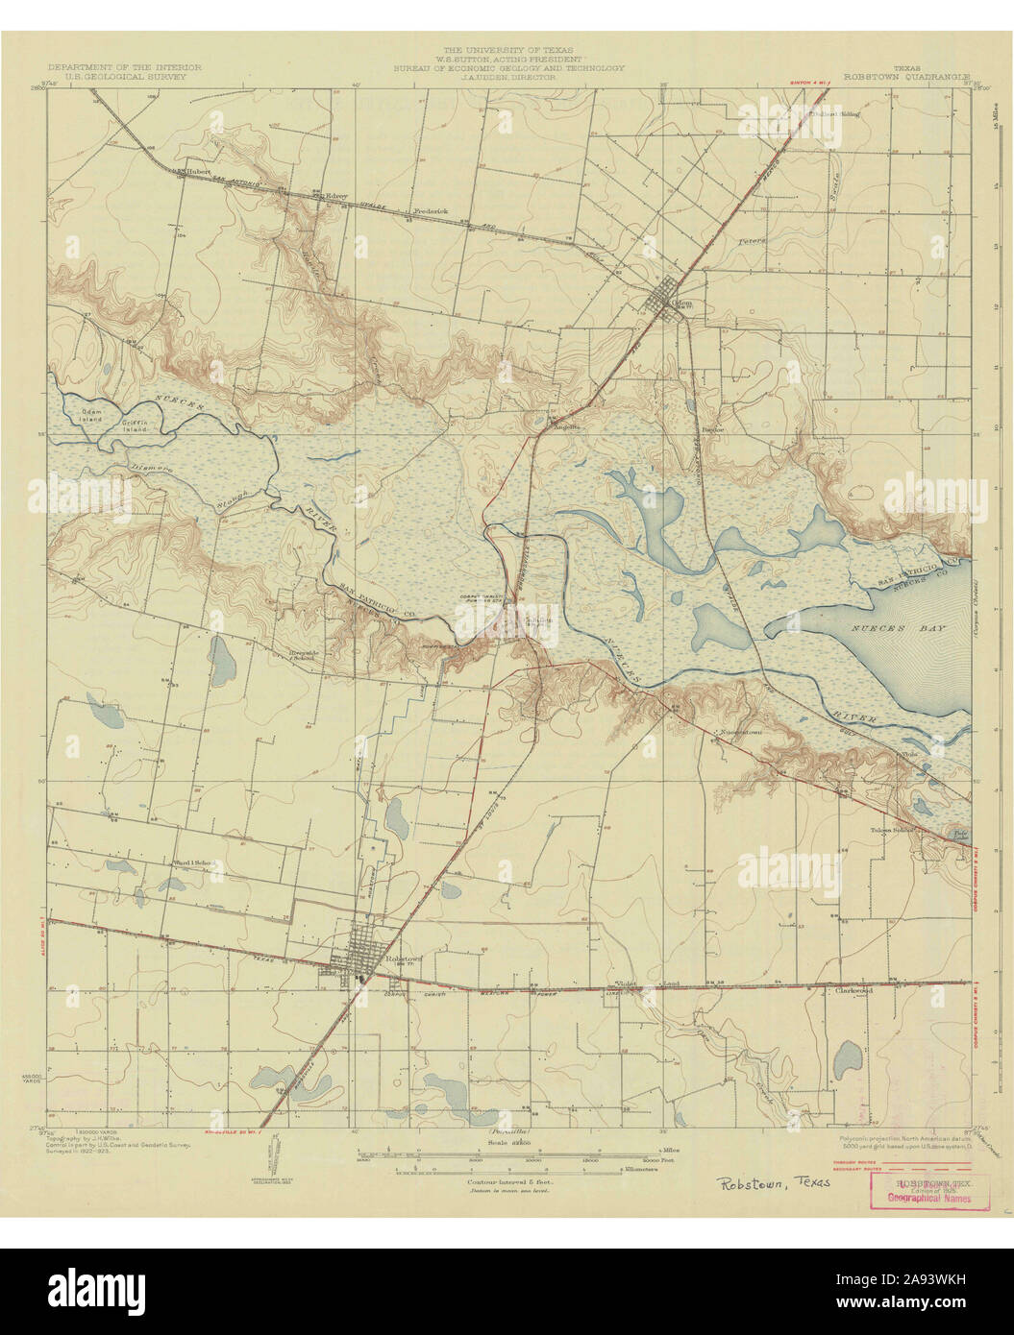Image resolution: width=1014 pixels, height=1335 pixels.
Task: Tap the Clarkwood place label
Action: pyautogui.click(x=853, y=990)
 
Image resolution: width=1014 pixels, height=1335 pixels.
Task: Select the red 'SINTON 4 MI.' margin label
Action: pyautogui.click(x=810, y=86)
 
